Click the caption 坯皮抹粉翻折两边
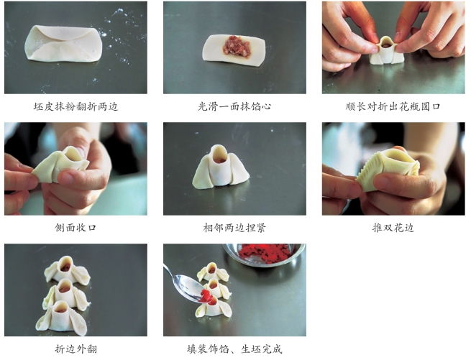[76, 106]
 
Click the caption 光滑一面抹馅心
[234, 106]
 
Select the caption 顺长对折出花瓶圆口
[393, 106]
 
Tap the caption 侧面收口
[76, 228]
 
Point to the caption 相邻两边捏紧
[234, 228]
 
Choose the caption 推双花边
[393, 228]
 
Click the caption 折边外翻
[76, 349]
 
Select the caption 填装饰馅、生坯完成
[234, 349]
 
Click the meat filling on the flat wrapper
[237, 47]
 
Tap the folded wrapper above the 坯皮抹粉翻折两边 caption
[64, 44]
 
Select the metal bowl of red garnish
[265, 254]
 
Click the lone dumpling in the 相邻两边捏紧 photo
[221, 167]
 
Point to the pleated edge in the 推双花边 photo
[365, 172]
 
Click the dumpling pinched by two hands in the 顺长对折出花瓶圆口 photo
[387, 51]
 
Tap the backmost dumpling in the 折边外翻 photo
[67, 270]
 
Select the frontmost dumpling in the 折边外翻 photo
[62, 318]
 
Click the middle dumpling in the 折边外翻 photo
[65, 294]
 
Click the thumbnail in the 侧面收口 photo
[65, 178]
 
